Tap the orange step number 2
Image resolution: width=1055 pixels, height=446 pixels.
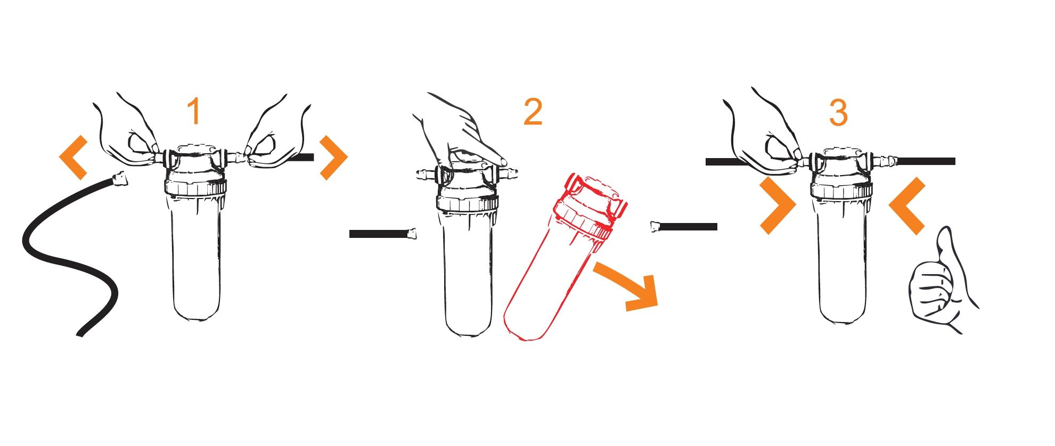(533, 112)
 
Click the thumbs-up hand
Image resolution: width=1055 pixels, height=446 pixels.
(940, 282)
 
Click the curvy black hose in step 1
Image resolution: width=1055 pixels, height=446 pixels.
(69, 255)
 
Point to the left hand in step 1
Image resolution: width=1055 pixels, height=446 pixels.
(128, 130)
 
